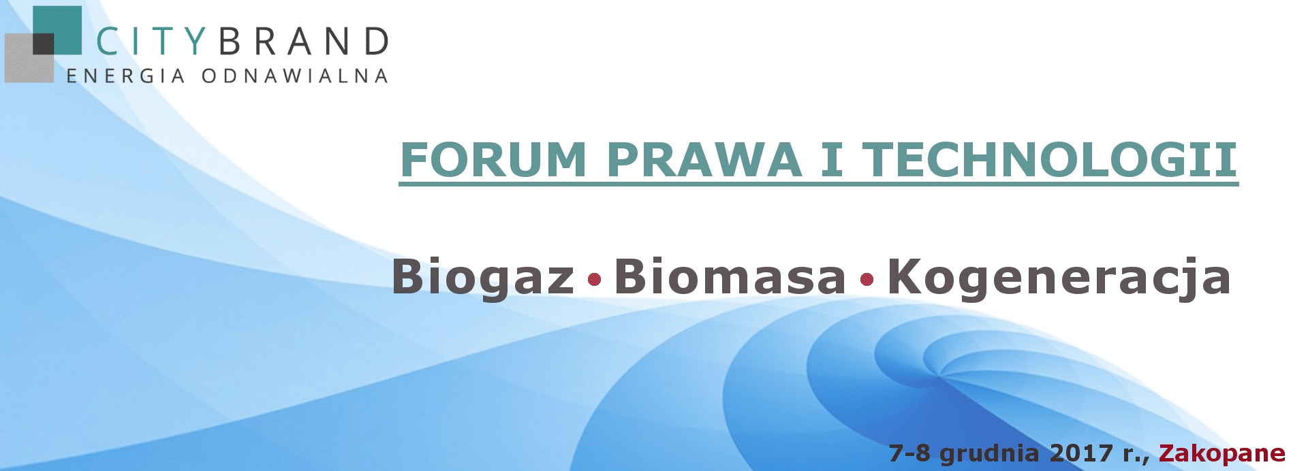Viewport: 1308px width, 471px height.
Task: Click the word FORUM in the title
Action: tap(493, 159)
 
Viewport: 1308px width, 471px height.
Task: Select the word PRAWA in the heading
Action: tap(704, 159)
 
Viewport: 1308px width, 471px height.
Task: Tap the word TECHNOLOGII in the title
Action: tap(1050, 159)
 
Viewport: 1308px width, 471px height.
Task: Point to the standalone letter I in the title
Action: tap(832, 159)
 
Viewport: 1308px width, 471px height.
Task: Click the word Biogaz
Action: tap(483, 278)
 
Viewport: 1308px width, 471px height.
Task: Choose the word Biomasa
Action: tap(730, 276)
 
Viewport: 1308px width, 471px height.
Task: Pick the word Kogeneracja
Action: tap(1059, 278)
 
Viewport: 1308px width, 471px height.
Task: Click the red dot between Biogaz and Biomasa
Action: tap(594, 279)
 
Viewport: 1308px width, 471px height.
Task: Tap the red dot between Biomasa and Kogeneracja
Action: tap(867, 279)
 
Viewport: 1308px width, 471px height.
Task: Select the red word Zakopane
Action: tap(1222, 453)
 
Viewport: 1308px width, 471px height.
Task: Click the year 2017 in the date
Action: tap(1081, 453)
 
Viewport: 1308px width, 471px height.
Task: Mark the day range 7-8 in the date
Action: tap(909, 453)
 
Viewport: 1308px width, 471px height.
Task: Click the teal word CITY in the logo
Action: tap(150, 42)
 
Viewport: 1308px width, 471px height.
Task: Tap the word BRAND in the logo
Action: tap(304, 42)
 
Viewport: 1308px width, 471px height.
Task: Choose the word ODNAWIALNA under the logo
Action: tap(295, 76)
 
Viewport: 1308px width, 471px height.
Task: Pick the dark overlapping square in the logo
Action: tap(43, 44)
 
